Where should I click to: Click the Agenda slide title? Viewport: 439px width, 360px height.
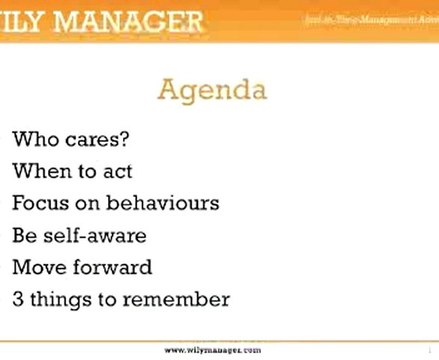tap(211, 93)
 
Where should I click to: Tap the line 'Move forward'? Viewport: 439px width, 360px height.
tap(81, 267)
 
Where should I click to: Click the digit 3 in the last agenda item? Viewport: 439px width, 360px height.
tap(19, 299)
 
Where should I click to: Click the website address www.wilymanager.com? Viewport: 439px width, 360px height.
tap(212, 351)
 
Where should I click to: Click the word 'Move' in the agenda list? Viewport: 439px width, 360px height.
tap(40, 267)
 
